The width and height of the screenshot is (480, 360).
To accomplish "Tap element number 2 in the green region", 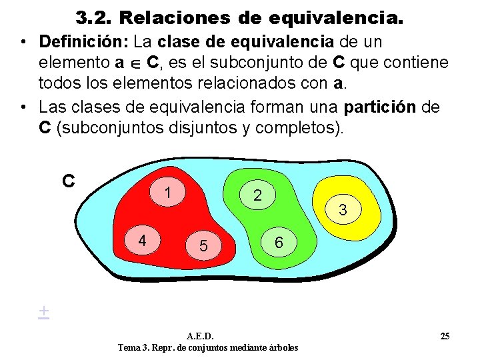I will pos(257,195).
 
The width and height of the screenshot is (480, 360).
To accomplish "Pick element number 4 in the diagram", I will pos(143,239).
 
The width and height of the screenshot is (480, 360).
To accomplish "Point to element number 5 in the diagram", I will pos(204,247).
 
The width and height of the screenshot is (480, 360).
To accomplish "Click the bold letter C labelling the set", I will pos(68,181).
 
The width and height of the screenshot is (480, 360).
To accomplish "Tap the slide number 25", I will pos(445,335).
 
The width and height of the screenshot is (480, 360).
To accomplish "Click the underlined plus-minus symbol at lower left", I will pos(43,311).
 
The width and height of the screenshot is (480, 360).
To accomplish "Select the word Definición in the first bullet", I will pos(83,42).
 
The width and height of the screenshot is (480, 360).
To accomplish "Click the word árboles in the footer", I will pos(280,347).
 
